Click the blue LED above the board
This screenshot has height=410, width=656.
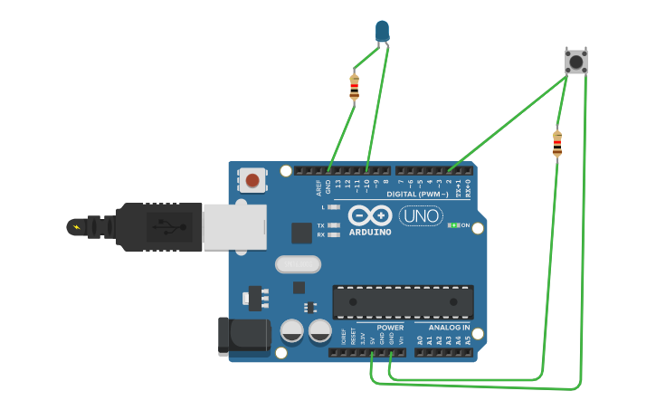[x=383, y=31]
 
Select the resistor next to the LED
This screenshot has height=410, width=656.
[x=354, y=87]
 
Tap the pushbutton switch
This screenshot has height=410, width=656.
[x=575, y=62]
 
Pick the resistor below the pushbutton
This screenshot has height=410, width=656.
[x=556, y=143]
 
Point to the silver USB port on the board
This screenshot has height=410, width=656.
[x=234, y=225]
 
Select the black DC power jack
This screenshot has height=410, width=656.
[x=242, y=335]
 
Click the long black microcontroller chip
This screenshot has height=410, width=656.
[x=403, y=301]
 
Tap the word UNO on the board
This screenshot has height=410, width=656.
[x=421, y=216]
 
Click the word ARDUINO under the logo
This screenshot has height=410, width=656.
[x=370, y=233]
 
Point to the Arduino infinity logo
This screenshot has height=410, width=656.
[x=370, y=216]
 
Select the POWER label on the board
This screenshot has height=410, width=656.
[x=390, y=328]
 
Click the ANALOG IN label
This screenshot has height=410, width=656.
[x=449, y=328]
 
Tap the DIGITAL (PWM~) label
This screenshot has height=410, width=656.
[x=417, y=195]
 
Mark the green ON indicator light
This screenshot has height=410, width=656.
[x=453, y=224]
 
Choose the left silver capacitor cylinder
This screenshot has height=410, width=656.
[x=291, y=330]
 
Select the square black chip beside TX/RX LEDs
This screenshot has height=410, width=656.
[x=301, y=233]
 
